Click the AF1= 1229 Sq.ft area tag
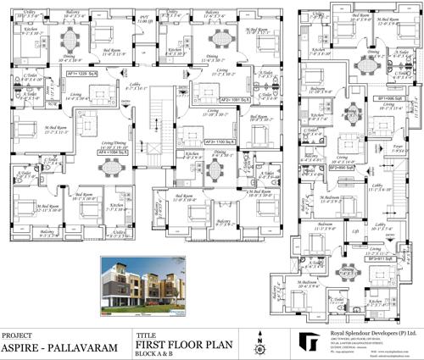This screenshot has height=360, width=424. (75, 74)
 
